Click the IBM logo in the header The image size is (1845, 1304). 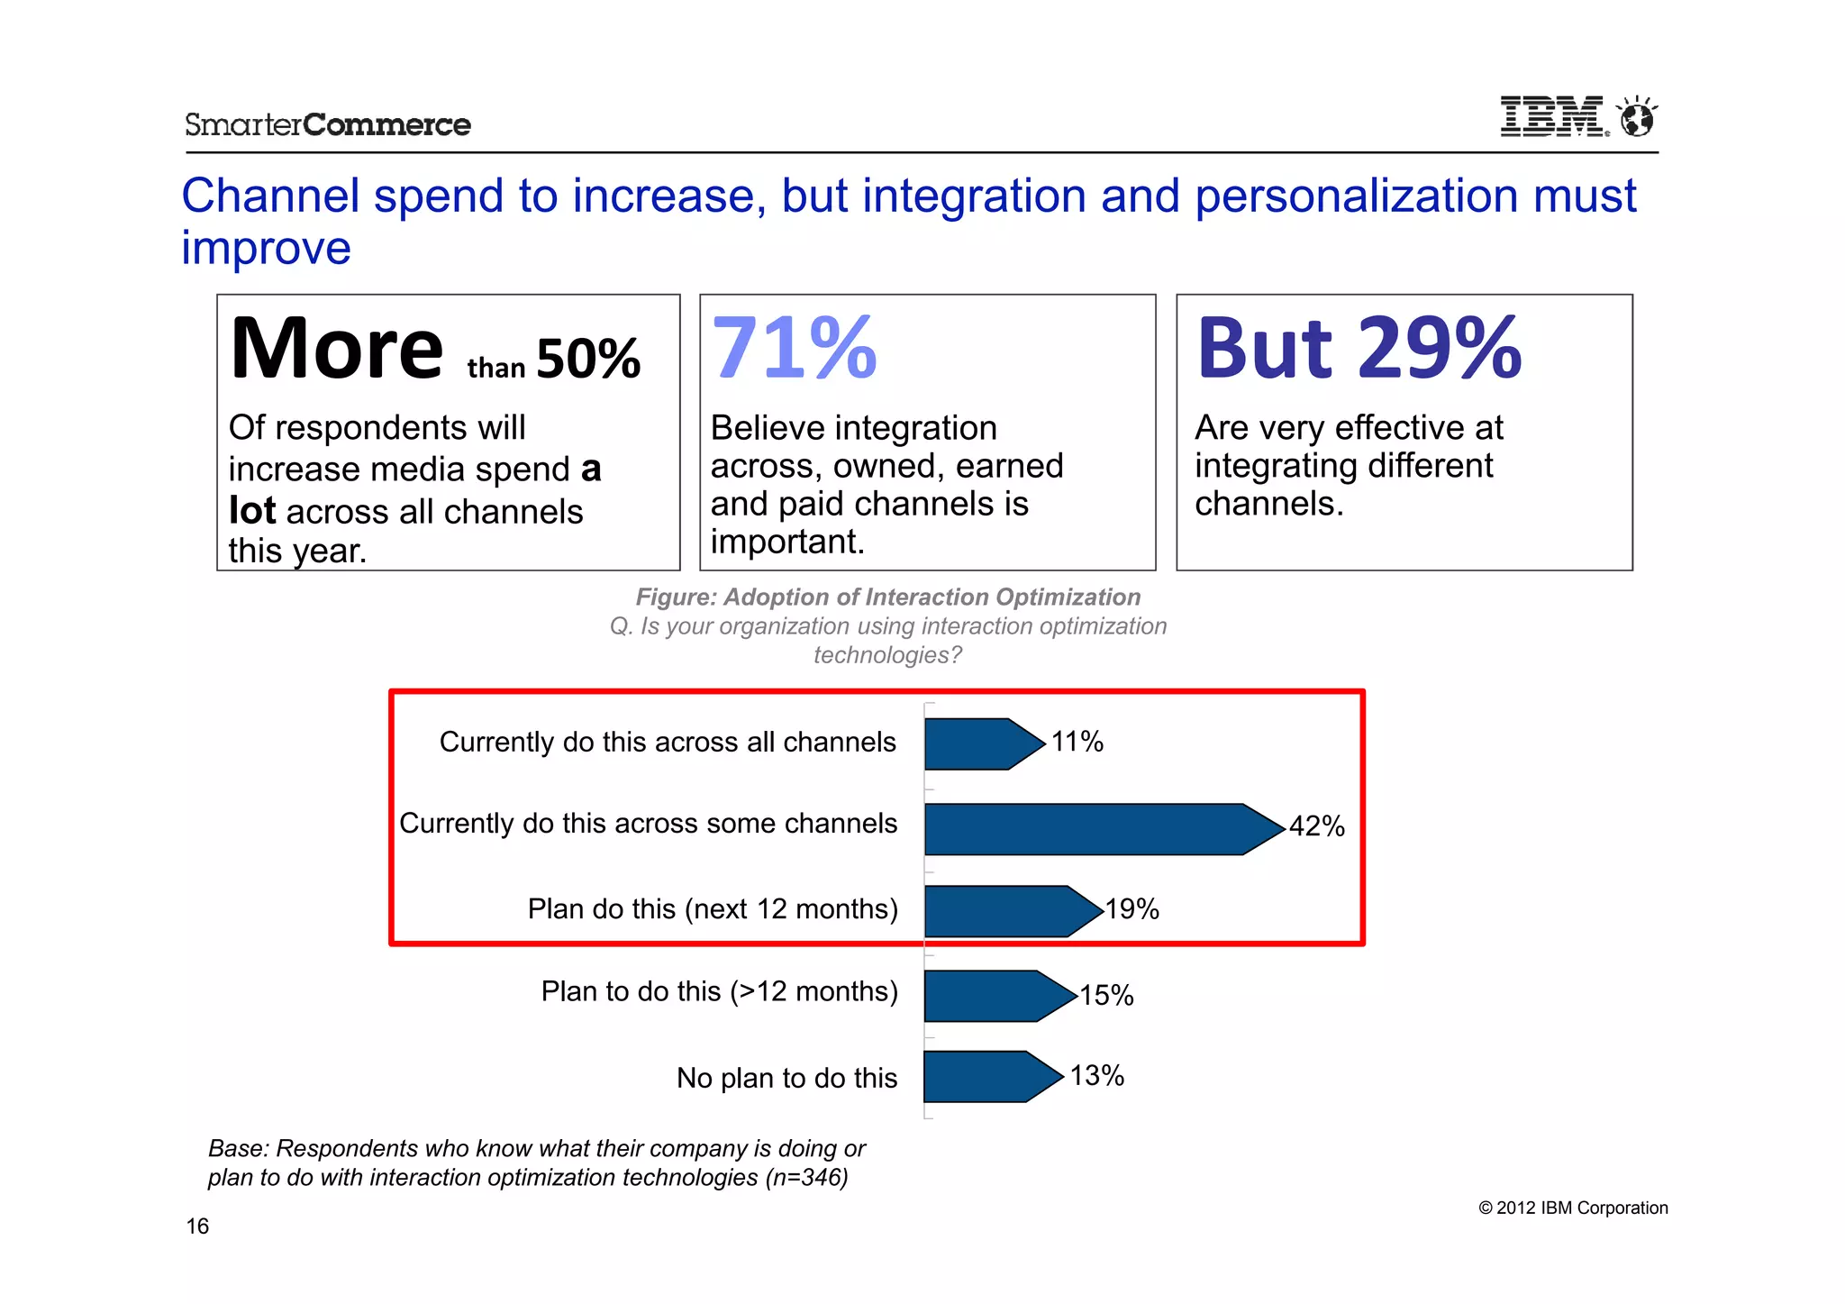(1552, 117)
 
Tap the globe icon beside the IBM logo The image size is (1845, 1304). (1636, 117)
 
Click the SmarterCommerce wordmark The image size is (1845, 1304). (328, 124)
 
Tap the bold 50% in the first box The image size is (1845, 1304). (588, 359)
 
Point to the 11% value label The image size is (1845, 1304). (1077, 742)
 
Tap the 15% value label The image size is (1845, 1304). (1106, 995)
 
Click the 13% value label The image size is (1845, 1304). (1097, 1075)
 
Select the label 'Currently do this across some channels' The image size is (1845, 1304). (649, 823)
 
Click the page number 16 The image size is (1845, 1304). (197, 1226)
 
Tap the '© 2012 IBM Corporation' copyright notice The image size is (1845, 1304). (1573, 1208)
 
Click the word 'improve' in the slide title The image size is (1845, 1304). (266, 248)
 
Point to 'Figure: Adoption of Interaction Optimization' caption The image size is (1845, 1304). (888, 597)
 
